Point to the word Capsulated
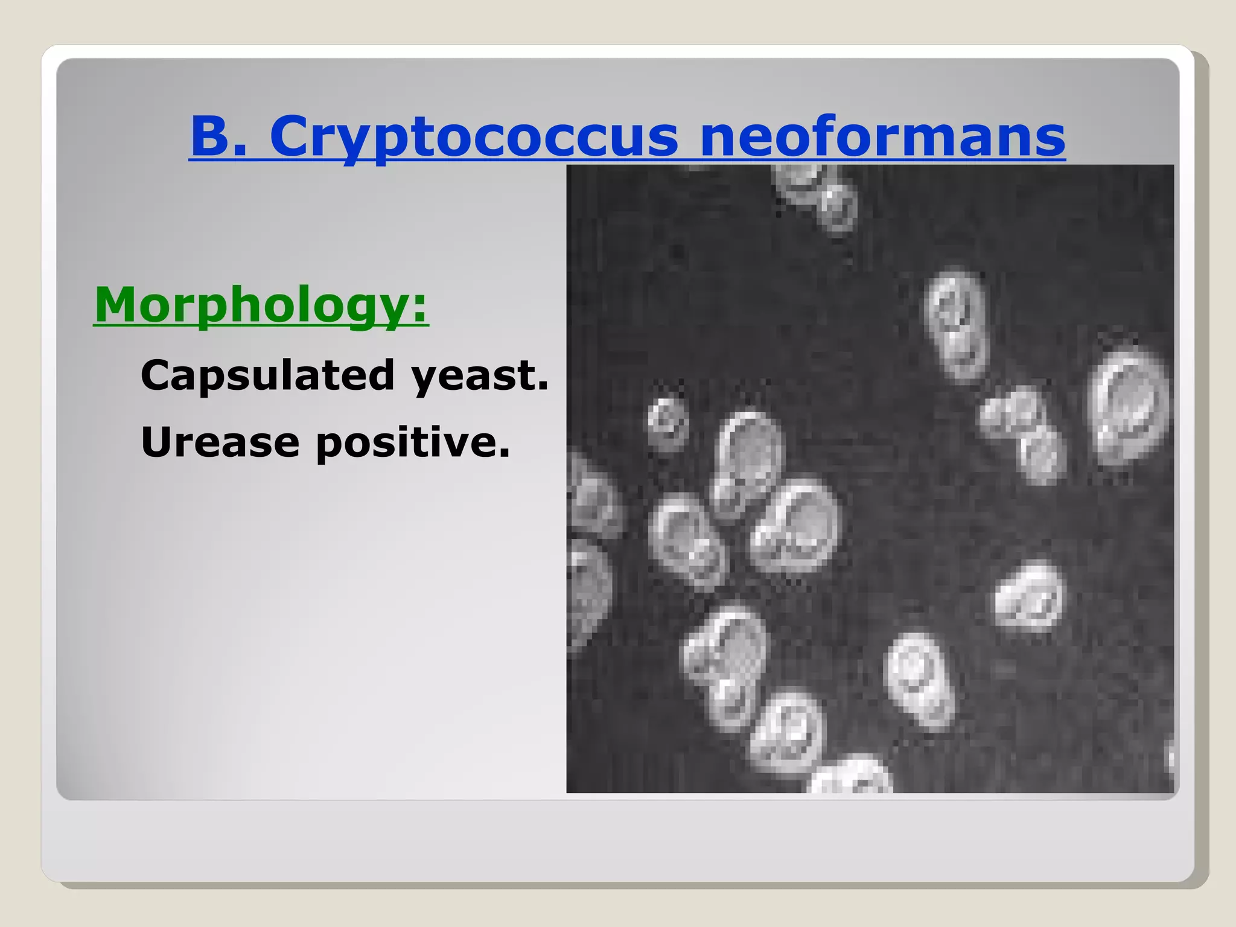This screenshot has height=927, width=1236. [x=267, y=375]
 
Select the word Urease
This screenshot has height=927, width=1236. [x=220, y=442]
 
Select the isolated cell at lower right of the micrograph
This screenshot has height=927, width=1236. [x=1030, y=596]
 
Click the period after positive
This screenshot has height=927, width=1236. [x=505, y=453]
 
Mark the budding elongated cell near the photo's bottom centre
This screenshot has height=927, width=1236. [x=724, y=664]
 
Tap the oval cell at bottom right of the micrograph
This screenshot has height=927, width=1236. [x=919, y=681]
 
